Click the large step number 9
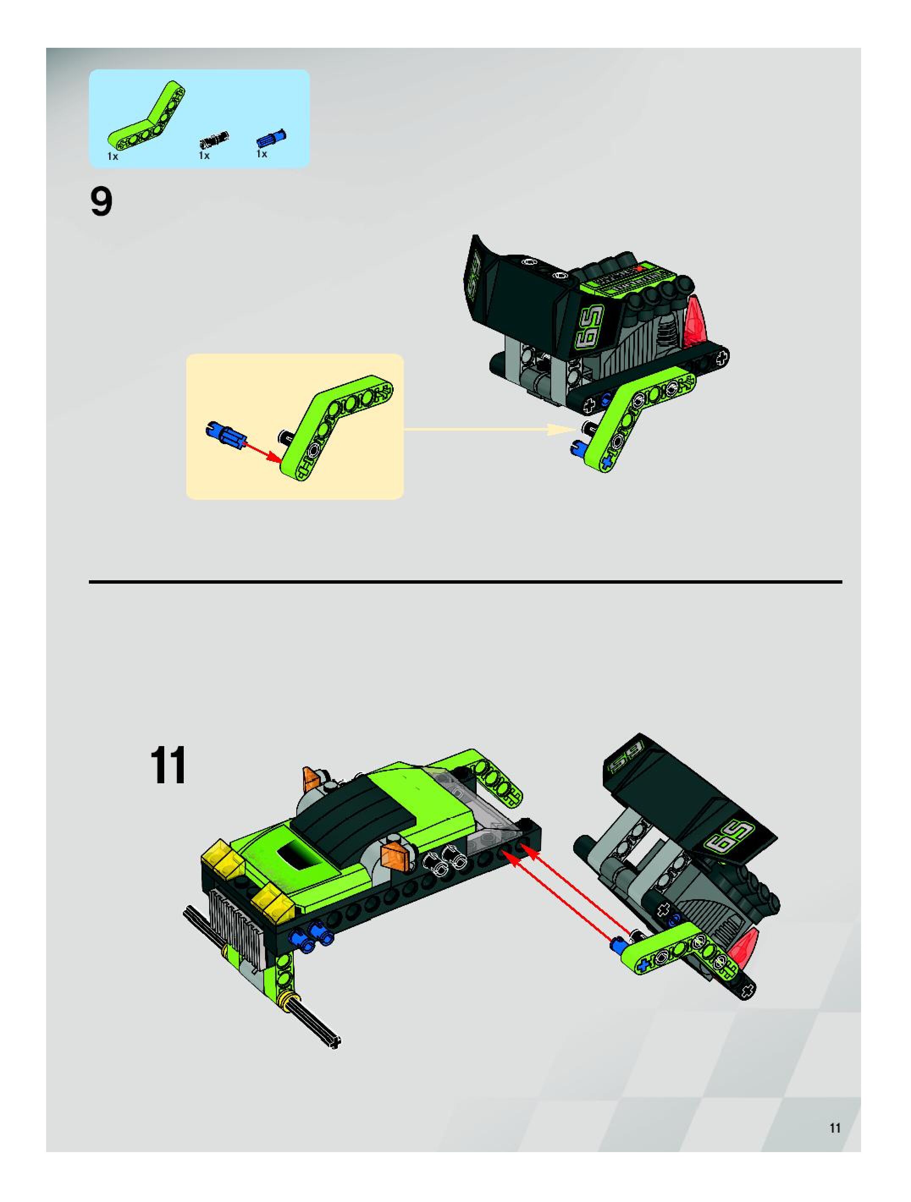(x=102, y=202)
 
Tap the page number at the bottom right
(x=835, y=1128)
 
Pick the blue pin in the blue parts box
(x=271, y=139)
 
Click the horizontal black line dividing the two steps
(x=466, y=582)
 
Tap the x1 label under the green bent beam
(x=113, y=156)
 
